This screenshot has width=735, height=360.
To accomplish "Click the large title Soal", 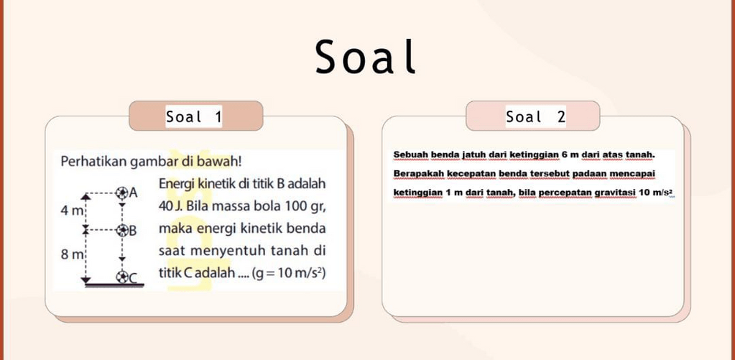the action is click(x=366, y=57).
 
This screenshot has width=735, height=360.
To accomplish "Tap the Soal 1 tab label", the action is click(x=193, y=116).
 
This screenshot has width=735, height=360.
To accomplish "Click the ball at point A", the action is click(x=122, y=192).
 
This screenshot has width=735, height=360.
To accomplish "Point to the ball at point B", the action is click(x=122, y=230).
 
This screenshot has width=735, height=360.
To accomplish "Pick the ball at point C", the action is click(x=122, y=277).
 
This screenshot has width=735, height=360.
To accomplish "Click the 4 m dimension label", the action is click(x=71, y=211).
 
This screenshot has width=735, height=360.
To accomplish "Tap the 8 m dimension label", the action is click(x=71, y=255).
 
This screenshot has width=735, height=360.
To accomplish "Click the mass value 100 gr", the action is click(x=300, y=207).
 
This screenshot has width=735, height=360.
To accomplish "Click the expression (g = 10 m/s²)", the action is click(x=289, y=273).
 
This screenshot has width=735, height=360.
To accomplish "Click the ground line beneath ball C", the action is click(x=114, y=285).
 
